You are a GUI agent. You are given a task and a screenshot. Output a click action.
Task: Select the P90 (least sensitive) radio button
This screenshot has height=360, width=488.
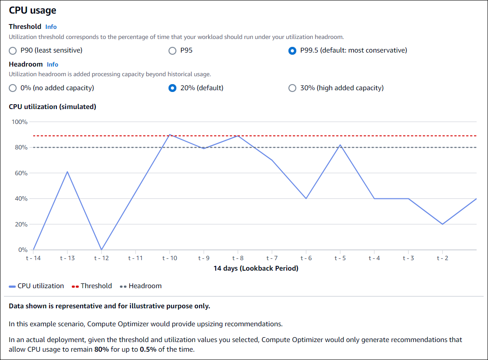(13, 50)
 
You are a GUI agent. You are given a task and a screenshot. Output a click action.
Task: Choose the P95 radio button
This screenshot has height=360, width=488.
(172, 50)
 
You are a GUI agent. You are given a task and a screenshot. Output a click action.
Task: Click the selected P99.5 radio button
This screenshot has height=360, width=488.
(292, 50)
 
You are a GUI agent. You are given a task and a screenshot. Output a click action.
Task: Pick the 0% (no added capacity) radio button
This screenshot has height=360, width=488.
(13, 88)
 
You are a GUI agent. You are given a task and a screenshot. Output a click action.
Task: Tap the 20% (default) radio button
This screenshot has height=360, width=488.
(172, 88)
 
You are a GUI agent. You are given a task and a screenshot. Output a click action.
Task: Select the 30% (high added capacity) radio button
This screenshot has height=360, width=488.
(292, 88)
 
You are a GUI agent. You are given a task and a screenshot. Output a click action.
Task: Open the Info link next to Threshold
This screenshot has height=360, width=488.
(51, 27)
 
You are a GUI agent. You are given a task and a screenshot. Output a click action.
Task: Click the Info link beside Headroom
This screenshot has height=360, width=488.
(53, 64)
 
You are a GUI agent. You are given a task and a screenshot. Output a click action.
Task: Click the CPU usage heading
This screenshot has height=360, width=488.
(32, 10)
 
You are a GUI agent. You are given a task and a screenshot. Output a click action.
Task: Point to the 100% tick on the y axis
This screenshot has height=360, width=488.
(19, 122)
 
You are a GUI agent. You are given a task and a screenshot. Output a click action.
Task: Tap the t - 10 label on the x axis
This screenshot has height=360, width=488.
(169, 258)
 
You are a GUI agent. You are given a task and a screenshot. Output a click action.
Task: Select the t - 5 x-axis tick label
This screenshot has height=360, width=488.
(340, 258)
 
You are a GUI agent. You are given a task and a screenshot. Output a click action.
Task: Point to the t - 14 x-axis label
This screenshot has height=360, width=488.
(33, 258)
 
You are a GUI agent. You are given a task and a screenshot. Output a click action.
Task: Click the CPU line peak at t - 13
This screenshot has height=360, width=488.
(67, 172)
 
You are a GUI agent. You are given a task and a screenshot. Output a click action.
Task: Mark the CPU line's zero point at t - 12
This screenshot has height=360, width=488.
(102, 250)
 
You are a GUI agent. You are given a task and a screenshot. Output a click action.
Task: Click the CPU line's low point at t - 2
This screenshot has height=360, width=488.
(442, 224)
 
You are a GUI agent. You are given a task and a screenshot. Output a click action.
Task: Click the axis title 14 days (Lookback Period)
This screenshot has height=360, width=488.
(256, 268)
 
